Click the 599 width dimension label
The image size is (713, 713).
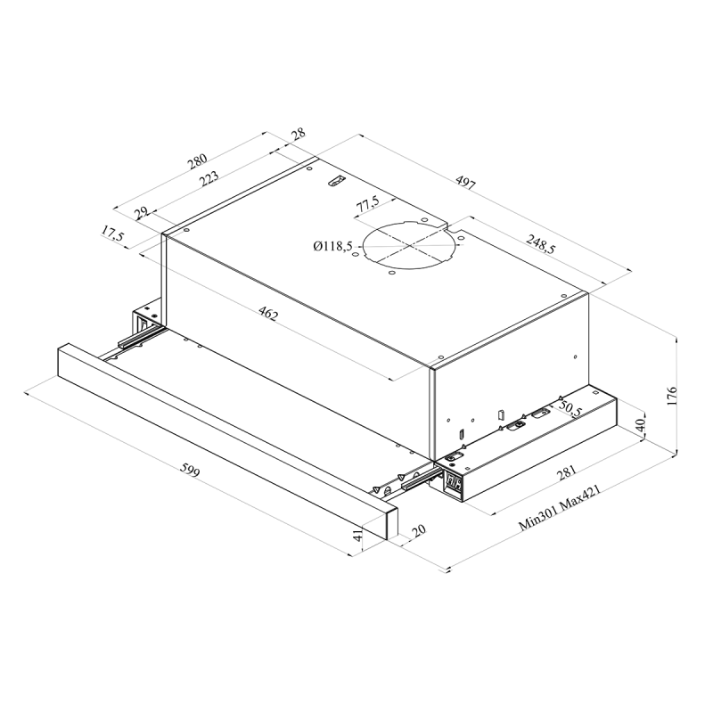tap(190, 471)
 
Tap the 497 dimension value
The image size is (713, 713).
tap(465, 183)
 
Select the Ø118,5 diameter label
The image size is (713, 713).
tap(332, 247)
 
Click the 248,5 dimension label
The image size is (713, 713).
tap(541, 243)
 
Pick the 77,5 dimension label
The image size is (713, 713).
tap(368, 203)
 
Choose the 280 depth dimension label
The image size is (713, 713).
tap(197, 161)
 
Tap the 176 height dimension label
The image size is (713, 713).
tap(672, 396)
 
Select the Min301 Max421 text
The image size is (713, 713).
tap(561, 508)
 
